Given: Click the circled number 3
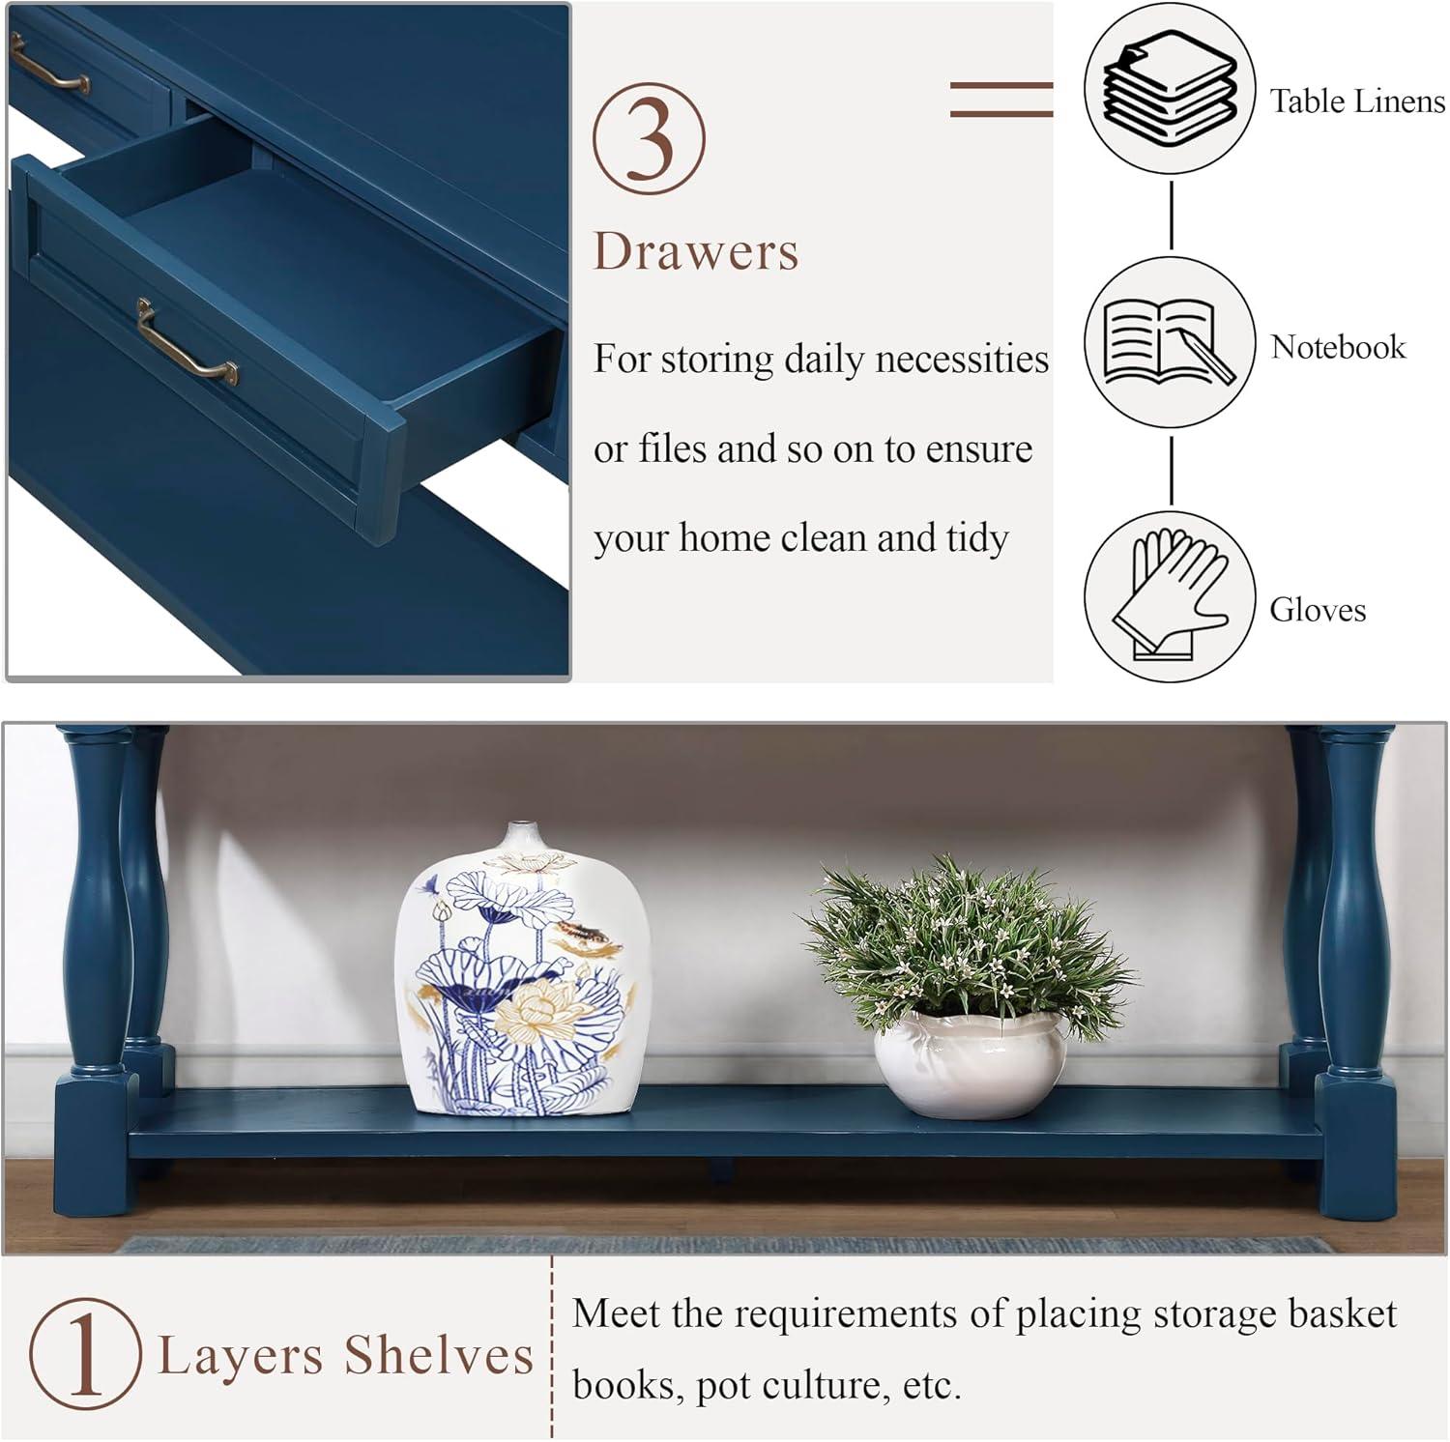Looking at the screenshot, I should click(x=649, y=138).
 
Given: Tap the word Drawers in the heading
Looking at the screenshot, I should click(x=696, y=251).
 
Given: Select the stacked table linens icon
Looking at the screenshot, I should click(x=1170, y=87).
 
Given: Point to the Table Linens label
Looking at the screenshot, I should click(x=1356, y=101).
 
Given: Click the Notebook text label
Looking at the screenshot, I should click(x=1338, y=347).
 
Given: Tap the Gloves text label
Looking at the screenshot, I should click(x=1318, y=610).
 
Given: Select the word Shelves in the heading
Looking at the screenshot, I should click(x=440, y=1355).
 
